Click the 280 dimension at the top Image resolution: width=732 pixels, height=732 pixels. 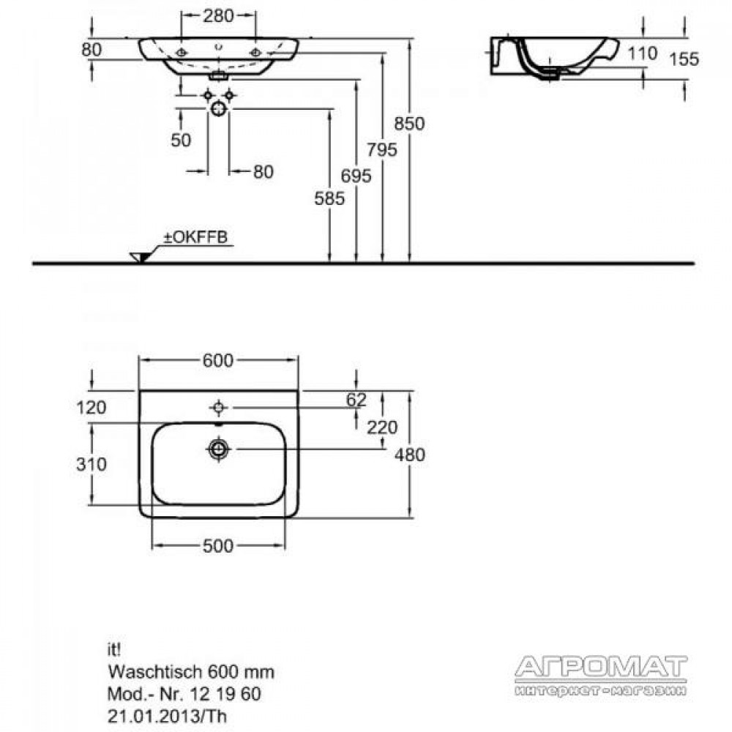218,16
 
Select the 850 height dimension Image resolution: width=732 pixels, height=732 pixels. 409,124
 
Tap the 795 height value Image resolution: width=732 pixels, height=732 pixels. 382,150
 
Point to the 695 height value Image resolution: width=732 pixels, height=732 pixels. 356,176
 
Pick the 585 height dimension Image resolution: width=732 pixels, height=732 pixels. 329,199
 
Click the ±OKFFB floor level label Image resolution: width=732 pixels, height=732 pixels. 195,237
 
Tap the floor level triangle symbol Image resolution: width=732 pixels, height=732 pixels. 141,257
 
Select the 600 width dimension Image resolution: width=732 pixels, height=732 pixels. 217,360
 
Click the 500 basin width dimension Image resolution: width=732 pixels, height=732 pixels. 217,546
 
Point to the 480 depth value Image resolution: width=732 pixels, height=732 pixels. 409,455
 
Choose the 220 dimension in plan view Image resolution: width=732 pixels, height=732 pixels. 382,427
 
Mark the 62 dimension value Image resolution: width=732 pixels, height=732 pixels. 356,400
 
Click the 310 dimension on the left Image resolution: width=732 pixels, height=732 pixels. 91,464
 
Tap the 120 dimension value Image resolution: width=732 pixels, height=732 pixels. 91,408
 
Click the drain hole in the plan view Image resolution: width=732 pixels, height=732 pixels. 218,449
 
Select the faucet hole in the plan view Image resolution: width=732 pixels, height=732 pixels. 218,408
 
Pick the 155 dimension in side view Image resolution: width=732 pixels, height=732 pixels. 684,59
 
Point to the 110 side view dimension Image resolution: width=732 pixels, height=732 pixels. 643,53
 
